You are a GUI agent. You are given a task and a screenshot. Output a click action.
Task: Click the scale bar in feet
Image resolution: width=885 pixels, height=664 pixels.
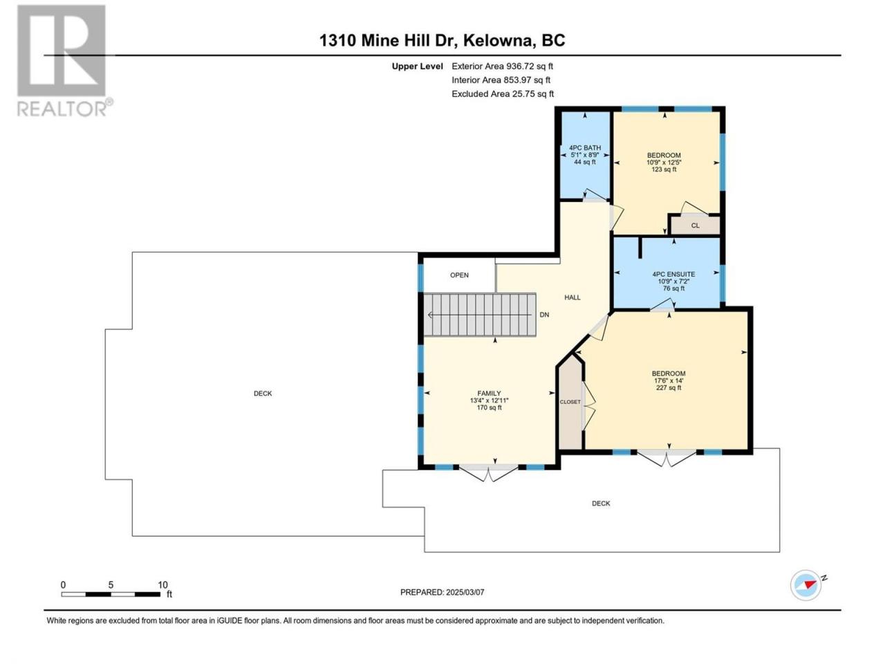tap(111, 594)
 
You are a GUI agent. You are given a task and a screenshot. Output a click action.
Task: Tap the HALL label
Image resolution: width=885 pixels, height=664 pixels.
tap(572, 297)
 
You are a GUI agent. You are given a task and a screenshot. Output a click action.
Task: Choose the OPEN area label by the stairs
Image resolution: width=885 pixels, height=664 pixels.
tap(459, 275)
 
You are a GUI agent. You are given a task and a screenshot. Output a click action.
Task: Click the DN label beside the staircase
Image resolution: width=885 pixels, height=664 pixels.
tap(544, 315)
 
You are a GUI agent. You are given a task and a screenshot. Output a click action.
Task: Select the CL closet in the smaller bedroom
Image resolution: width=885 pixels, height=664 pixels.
tap(695, 225)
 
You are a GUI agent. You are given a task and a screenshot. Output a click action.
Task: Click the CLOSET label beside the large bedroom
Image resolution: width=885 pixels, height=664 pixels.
tap(570, 402)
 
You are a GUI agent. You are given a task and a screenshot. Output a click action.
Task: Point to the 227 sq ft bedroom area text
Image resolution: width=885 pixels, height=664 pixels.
tap(669, 388)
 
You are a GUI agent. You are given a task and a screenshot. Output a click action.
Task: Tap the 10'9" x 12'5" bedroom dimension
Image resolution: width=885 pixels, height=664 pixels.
tap(664, 163)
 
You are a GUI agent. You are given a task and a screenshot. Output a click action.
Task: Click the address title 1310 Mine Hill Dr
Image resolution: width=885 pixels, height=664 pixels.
tap(387, 40)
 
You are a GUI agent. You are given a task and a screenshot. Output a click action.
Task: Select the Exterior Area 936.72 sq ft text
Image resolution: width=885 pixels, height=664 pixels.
tap(503, 66)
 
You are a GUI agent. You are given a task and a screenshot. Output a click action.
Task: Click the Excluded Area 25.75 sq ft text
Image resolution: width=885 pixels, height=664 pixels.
tap(503, 94)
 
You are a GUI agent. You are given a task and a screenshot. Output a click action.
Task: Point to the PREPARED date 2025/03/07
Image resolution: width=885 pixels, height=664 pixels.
tap(442, 592)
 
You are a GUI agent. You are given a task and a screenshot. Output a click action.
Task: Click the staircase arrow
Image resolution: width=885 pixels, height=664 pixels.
tap(479, 315)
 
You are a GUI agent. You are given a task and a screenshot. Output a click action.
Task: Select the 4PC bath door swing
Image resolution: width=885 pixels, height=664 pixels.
tap(595, 195)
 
